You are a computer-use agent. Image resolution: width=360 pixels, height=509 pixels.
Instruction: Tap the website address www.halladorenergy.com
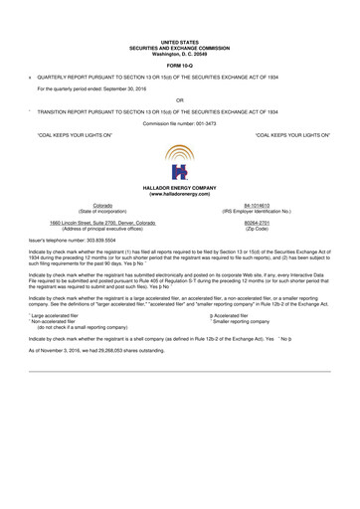(179, 194)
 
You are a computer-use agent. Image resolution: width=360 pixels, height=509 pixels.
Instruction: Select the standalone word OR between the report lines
(179, 100)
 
